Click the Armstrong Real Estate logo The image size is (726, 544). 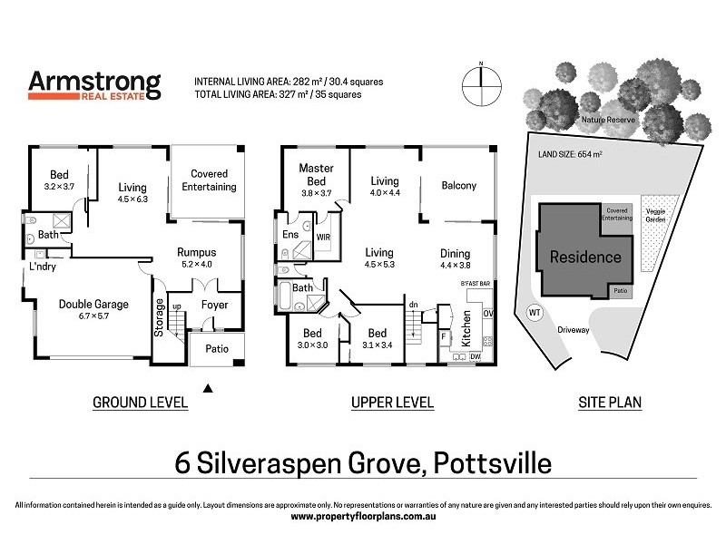(x=95, y=85)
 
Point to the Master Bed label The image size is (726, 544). (x=316, y=174)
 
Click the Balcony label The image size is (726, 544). (x=458, y=186)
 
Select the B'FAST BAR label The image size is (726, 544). (x=475, y=285)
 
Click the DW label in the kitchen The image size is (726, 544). (x=476, y=357)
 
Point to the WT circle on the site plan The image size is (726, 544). (x=533, y=313)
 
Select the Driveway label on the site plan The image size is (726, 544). (x=574, y=330)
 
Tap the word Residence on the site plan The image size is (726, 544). (x=585, y=257)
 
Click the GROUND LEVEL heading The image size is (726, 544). (x=140, y=403)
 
